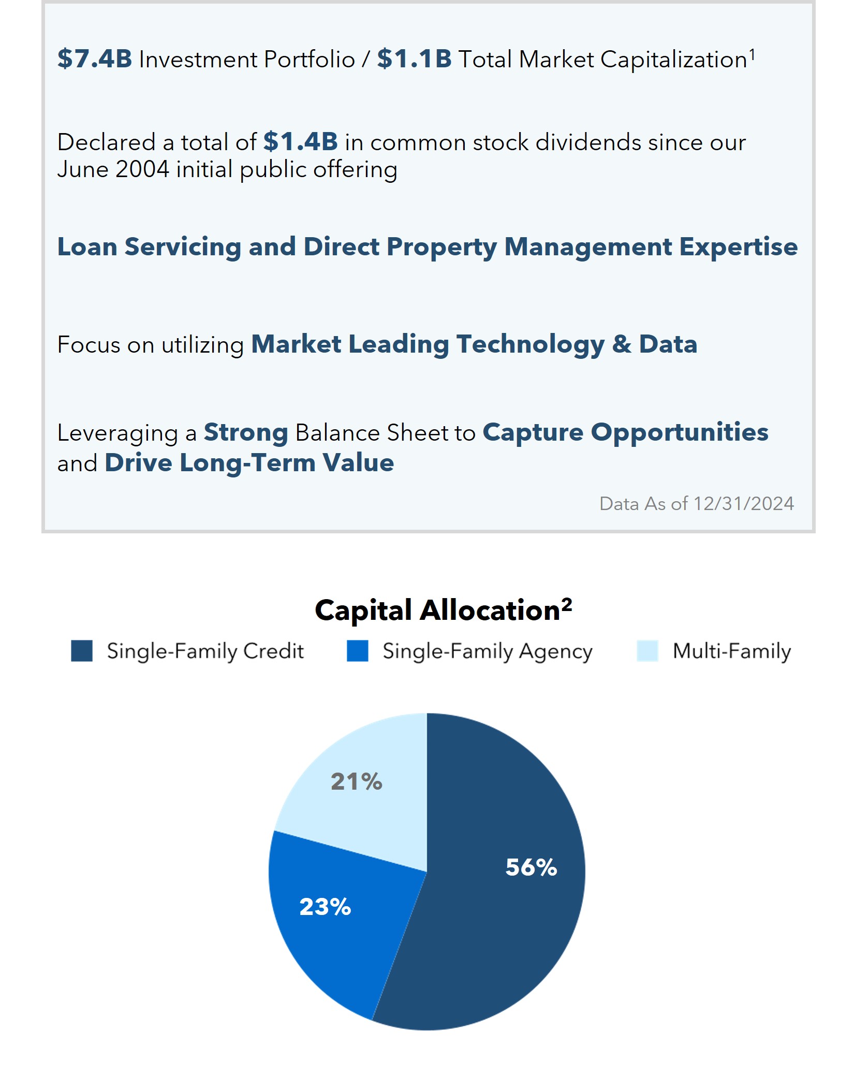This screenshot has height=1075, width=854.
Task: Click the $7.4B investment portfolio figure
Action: coord(95,59)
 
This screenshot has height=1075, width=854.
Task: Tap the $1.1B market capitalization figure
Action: coord(415,59)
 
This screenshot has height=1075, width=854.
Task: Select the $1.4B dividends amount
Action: coord(301,141)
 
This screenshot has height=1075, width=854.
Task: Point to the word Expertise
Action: coord(739,246)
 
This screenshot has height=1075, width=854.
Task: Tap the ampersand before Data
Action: coord(622,344)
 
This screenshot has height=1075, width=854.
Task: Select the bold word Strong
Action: coord(246,432)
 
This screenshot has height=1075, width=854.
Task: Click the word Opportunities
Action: coord(680,432)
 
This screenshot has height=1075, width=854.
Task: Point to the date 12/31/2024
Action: coord(744,503)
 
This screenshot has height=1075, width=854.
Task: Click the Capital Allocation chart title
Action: coord(443,610)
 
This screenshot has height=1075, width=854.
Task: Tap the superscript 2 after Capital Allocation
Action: coord(567,604)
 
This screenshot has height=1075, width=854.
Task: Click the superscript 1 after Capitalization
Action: coord(752,54)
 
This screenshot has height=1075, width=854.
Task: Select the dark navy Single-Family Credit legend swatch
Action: coord(82,651)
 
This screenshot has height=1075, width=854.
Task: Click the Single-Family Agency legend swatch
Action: coord(358,651)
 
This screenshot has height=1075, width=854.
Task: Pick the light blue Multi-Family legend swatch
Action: coord(647,651)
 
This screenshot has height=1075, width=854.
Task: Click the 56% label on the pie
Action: coord(531,867)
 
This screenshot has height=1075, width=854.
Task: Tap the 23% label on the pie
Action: coord(325,907)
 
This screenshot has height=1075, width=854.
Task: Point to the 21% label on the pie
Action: coord(357,781)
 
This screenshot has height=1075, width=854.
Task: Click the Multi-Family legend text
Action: coord(732,651)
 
